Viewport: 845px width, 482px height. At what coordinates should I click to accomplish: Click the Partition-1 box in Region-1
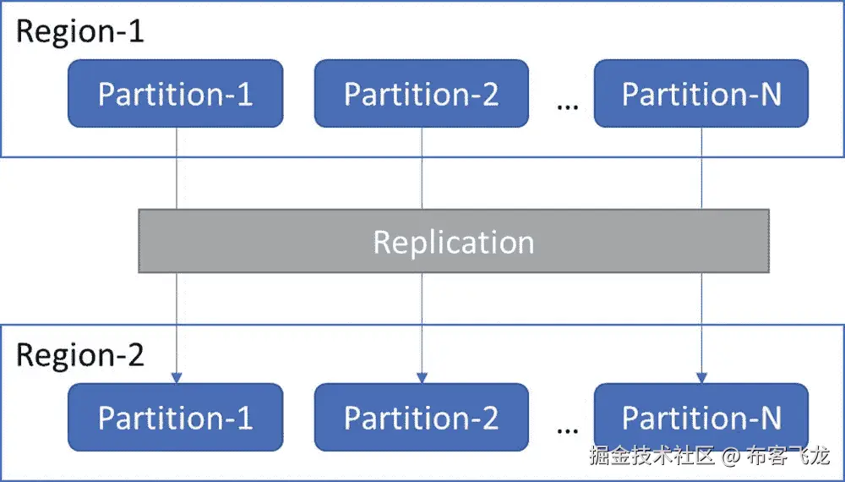[x=175, y=94]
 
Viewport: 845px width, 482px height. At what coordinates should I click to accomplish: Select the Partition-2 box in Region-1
[x=421, y=94]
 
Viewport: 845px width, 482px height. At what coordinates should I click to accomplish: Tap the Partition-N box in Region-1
[x=701, y=94]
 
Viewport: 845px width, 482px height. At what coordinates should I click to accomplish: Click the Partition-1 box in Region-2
[x=175, y=417]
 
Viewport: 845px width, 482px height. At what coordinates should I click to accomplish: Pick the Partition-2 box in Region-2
[x=421, y=417]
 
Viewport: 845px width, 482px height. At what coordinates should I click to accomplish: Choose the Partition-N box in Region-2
[x=701, y=417]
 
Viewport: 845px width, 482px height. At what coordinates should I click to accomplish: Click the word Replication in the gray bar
[x=454, y=242]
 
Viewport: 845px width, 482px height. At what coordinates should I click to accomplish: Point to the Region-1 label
[x=80, y=31]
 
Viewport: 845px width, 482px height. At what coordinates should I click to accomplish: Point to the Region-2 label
[x=80, y=354]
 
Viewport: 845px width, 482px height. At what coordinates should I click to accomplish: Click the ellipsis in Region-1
[x=568, y=107]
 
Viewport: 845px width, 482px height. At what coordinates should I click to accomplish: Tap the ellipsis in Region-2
[x=568, y=430]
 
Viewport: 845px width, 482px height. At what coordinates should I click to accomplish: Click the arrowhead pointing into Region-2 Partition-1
[x=176, y=377]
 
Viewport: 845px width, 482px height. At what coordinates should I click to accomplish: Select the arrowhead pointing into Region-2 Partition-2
[x=422, y=377]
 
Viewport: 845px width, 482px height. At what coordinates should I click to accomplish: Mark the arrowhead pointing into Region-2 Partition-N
[x=701, y=377]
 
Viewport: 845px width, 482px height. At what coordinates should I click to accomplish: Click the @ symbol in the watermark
[x=731, y=457]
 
